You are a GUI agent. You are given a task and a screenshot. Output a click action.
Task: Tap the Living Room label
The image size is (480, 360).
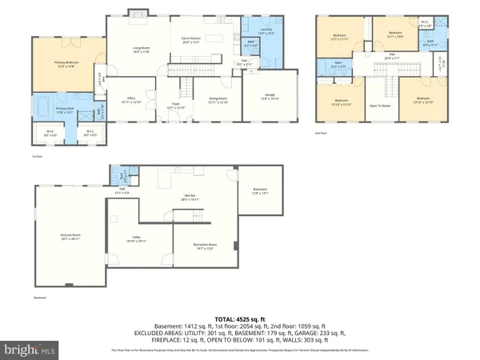click(142, 50)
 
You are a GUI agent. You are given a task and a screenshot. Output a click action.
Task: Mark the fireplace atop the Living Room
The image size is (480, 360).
click(136, 13)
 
